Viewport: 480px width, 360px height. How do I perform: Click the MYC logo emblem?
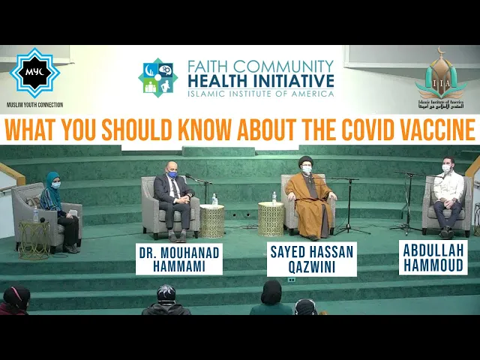tap(34, 73)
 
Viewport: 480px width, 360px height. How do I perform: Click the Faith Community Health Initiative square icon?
tap(157, 77)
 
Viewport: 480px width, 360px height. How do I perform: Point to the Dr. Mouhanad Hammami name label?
tap(178, 259)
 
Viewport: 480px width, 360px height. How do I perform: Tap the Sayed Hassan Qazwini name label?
tap(311, 259)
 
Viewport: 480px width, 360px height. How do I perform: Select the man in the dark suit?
tap(172, 199)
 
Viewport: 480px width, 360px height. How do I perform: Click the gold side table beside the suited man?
tap(212, 221)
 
